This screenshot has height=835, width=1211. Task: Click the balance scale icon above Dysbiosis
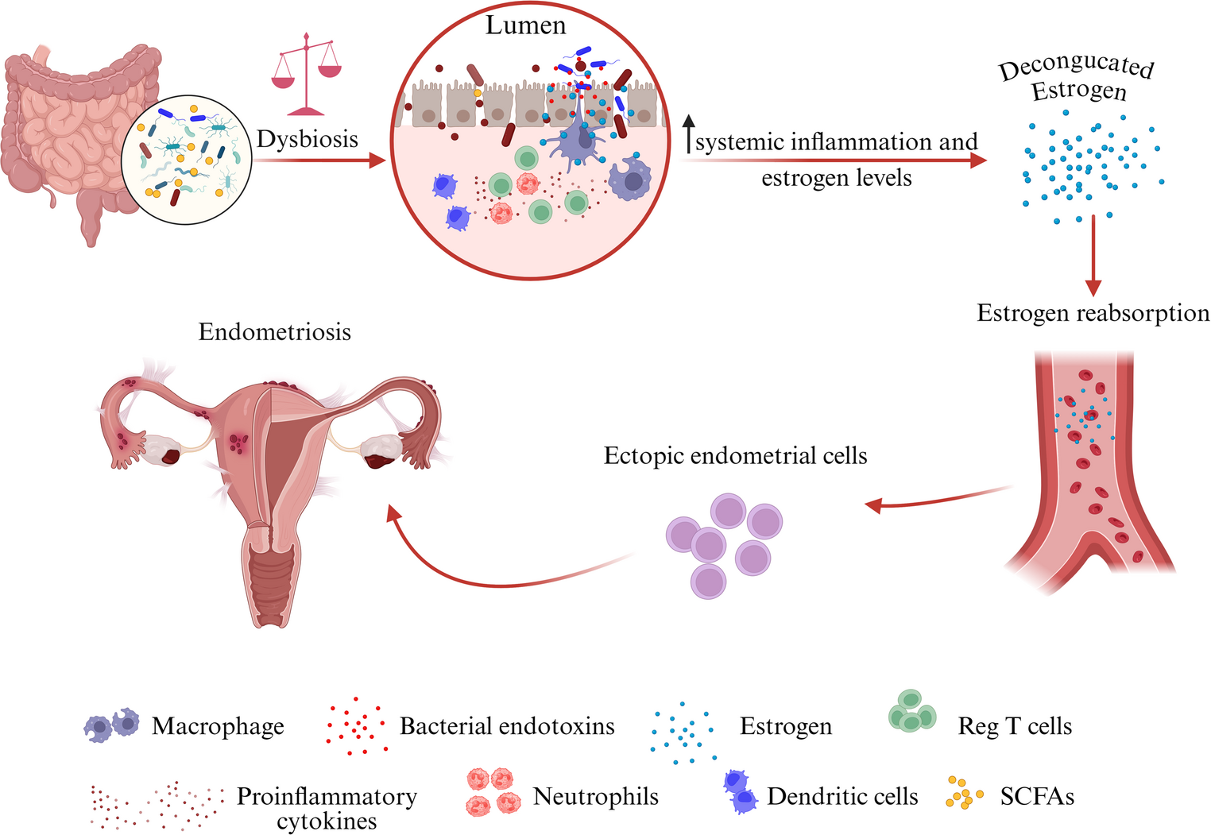click(306, 76)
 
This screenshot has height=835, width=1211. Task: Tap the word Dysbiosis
click(308, 139)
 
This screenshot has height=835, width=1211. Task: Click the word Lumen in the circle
click(525, 26)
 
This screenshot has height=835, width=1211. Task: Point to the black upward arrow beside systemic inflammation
click(689, 133)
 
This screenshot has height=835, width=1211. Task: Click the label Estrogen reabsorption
click(1093, 313)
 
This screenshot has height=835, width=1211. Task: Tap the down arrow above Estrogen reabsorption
click(1093, 255)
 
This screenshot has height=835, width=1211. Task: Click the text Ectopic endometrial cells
click(735, 456)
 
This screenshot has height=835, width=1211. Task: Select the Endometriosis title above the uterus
click(274, 331)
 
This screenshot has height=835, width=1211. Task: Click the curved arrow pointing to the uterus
click(477, 576)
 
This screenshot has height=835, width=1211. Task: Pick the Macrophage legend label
click(218, 726)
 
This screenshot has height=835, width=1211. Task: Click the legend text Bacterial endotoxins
click(507, 726)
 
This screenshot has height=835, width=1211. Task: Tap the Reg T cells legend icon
click(911, 711)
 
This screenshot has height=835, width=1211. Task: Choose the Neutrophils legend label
click(595, 796)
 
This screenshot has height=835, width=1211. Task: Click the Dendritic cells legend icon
click(741, 792)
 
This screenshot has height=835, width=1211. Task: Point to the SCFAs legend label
click(1037, 796)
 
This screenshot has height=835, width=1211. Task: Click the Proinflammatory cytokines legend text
click(327, 807)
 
